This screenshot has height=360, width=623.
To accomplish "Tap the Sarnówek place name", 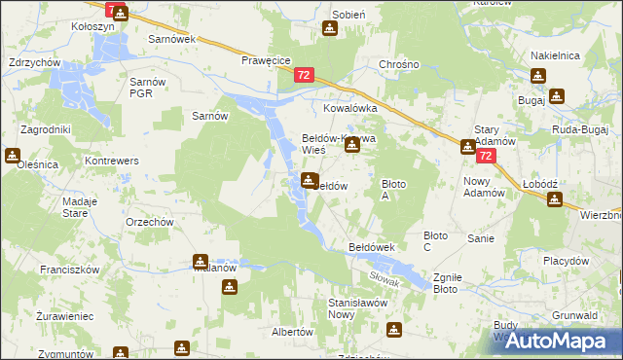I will [x=171, y=40].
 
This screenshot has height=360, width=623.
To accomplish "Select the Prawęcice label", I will [x=267, y=60].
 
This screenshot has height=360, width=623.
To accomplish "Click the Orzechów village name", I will [x=149, y=222].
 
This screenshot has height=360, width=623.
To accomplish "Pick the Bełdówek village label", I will [x=371, y=248].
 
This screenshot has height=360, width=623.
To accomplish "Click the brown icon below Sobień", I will [x=330, y=29].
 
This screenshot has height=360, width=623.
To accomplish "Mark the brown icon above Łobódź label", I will [x=554, y=199].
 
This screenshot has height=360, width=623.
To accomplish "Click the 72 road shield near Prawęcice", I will [x=305, y=74].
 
